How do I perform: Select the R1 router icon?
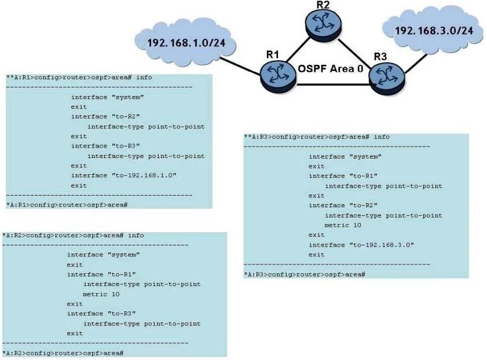[x=278, y=76]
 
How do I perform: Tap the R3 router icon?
[x=387, y=78]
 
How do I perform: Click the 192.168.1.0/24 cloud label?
[x=186, y=42]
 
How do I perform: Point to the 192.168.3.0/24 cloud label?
[x=434, y=31]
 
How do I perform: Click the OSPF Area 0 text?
[x=331, y=69]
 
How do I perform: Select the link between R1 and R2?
[x=298, y=50]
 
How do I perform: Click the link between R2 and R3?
[x=354, y=54]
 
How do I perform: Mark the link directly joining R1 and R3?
[x=332, y=84]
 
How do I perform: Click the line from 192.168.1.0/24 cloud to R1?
[x=240, y=66]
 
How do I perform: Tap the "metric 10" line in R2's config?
[x=101, y=294]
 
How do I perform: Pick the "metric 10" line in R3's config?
[x=343, y=225]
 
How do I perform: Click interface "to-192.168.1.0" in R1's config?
[x=123, y=175]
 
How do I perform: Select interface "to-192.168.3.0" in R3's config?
[x=361, y=245]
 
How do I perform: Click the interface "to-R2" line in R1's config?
[x=105, y=116]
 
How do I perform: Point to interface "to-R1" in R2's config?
[x=101, y=274]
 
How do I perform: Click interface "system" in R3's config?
[x=345, y=157]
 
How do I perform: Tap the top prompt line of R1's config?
[x=79, y=78]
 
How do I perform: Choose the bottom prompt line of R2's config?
[x=63, y=353]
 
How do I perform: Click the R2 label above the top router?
[x=323, y=5]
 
